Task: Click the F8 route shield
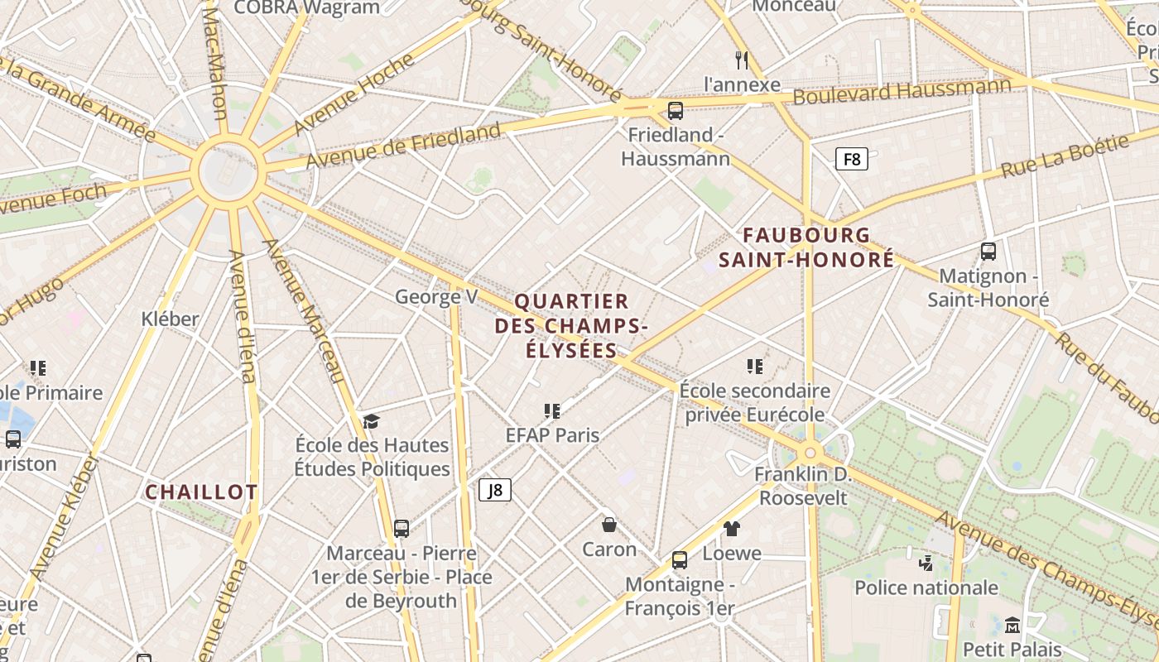(851, 159)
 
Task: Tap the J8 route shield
(495, 490)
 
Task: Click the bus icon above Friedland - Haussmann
(676, 110)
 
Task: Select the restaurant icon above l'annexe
(742, 60)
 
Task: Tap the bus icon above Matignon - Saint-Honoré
(988, 251)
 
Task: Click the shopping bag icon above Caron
(609, 524)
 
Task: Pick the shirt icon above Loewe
(731, 528)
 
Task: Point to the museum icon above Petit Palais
(1012, 625)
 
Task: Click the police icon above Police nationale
(926, 564)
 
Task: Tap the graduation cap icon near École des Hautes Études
(371, 421)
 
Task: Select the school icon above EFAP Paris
(552, 410)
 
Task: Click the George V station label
(436, 296)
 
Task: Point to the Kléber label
(170, 319)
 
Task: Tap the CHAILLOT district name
(201, 492)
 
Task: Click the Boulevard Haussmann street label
(902, 91)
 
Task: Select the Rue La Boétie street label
(1065, 156)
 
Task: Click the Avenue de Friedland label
(403, 144)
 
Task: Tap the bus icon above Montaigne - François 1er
(680, 560)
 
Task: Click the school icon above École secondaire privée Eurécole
(754, 366)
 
